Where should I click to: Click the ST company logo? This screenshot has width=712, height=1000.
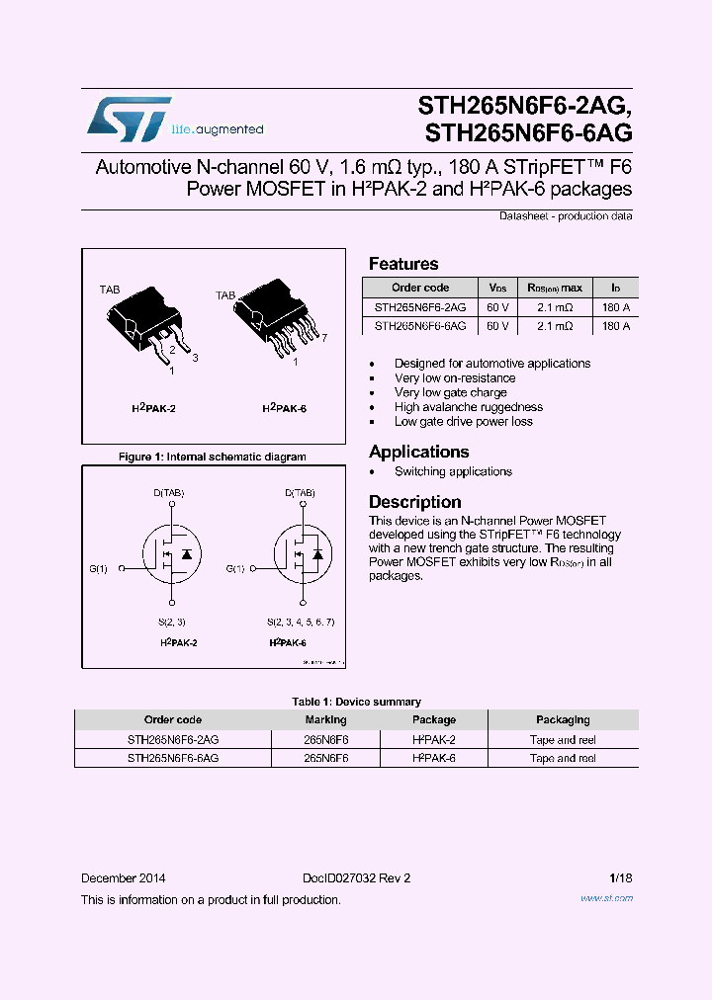(129, 118)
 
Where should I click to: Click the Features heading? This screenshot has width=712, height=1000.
(403, 264)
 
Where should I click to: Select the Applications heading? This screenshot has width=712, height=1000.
(418, 452)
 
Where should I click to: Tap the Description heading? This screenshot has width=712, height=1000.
(414, 502)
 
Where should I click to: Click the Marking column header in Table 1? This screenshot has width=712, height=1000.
(325, 719)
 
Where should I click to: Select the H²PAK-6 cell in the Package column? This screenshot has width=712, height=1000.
(434, 758)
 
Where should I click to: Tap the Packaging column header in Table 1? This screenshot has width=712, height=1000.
(563, 719)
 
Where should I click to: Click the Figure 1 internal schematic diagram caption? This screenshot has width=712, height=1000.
(213, 457)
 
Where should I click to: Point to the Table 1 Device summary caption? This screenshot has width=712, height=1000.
(356, 702)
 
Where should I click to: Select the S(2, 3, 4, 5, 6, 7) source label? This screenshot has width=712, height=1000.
(301, 623)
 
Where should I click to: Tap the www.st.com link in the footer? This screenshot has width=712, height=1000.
(606, 898)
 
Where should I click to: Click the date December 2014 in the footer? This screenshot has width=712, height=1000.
(123, 878)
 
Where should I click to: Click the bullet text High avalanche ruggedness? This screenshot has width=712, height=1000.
(469, 407)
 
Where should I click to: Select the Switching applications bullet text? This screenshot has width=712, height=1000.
(453, 471)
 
